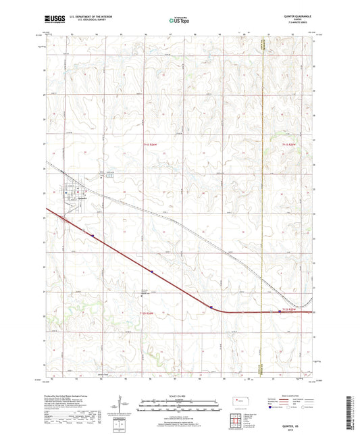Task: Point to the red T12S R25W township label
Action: coord(288,309)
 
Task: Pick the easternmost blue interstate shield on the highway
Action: coord(282,311)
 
